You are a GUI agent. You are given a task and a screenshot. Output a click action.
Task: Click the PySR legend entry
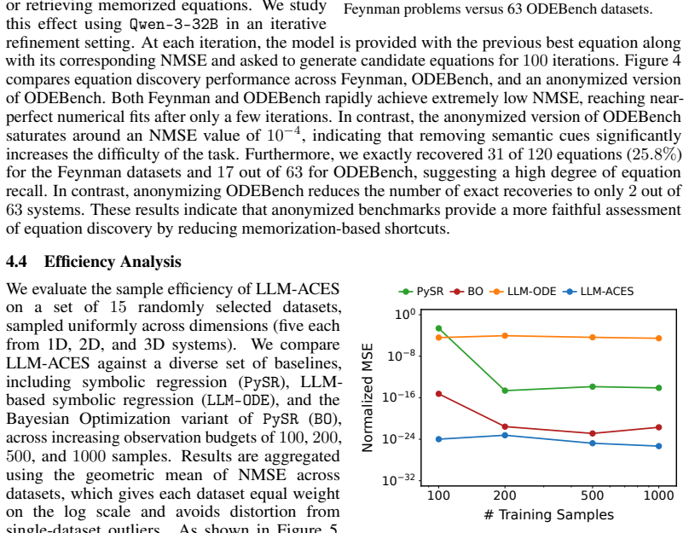pos(421,292)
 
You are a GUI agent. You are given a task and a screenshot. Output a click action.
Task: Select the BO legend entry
pos(466,292)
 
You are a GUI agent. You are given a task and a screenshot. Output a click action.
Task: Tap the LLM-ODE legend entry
pos(523,292)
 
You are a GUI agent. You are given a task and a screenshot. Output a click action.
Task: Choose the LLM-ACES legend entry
pos(598,292)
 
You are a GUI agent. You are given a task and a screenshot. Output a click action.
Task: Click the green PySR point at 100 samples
pos(438,328)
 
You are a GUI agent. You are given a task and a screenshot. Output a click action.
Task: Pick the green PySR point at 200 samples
pos(505,391)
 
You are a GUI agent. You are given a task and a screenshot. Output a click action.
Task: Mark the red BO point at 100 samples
pos(438,394)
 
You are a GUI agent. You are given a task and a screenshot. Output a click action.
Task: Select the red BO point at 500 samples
pos(593,434)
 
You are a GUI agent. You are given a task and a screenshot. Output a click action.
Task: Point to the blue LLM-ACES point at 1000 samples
pos(658,446)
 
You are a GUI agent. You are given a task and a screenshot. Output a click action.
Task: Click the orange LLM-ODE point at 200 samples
pos(505,336)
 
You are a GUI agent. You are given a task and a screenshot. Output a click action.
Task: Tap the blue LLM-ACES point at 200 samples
pos(505,436)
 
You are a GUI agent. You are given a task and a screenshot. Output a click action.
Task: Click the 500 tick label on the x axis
pos(593,495)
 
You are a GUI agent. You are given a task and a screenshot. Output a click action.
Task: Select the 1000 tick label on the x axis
pos(658,495)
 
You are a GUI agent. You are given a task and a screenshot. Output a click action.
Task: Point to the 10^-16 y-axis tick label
pos(399,397)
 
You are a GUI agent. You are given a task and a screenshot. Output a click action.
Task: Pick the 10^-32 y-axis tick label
pos(399,480)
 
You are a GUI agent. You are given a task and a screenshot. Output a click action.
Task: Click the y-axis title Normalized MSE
pos(368,397)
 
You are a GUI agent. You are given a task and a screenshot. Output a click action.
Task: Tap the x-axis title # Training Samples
pos(549,514)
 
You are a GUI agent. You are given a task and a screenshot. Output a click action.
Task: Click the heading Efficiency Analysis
pos(113,262)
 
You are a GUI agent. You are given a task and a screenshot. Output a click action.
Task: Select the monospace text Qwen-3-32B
pos(174,24)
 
